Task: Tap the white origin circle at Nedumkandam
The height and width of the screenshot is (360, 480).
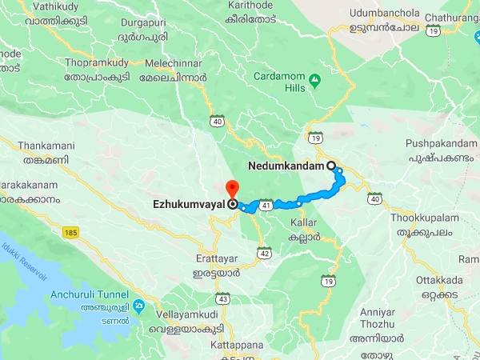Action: (331, 166)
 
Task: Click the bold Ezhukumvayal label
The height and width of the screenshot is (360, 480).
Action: (189, 204)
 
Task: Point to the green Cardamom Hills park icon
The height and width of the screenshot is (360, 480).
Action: (315, 81)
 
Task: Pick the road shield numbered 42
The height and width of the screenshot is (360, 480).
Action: (264, 254)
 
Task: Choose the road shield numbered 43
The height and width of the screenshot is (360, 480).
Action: (224, 298)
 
